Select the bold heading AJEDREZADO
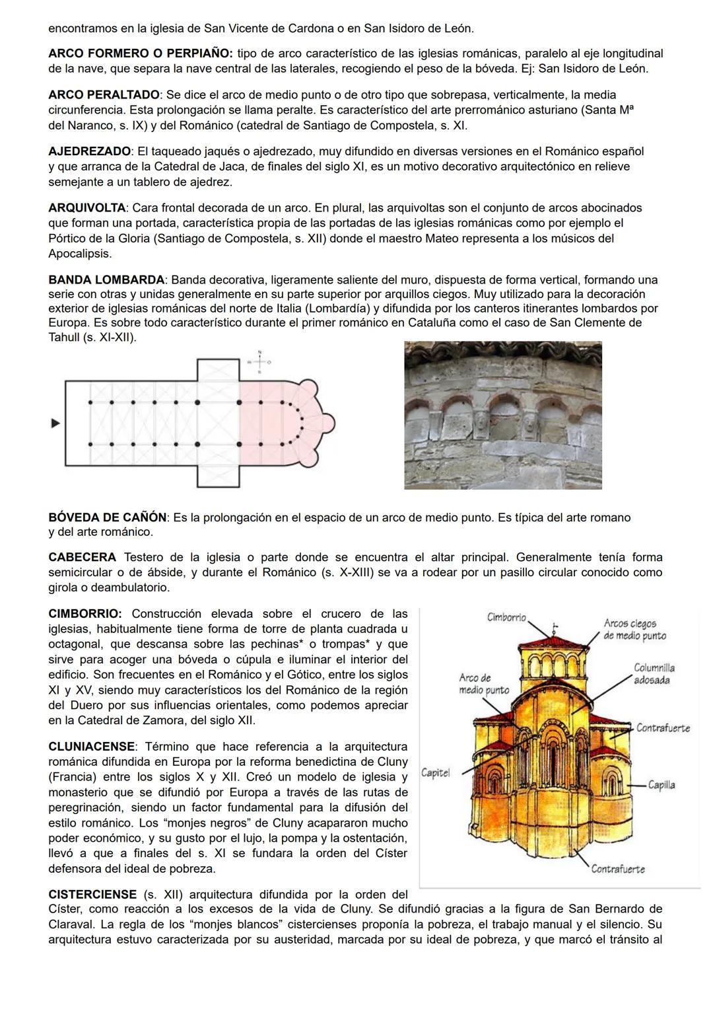coord(89,152)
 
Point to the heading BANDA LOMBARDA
coord(106,280)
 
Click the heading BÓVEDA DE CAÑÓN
coord(108,517)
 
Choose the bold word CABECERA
coord(82,558)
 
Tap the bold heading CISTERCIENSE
coord(92,895)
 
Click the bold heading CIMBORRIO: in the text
coord(85,614)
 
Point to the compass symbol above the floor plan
coord(259,361)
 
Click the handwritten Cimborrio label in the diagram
coord(506,617)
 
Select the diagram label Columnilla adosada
coord(654,674)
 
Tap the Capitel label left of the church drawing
coord(435,772)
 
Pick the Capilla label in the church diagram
coord(661,785)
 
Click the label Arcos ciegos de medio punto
coord(634,630)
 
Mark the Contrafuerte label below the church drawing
coord(617,869)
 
